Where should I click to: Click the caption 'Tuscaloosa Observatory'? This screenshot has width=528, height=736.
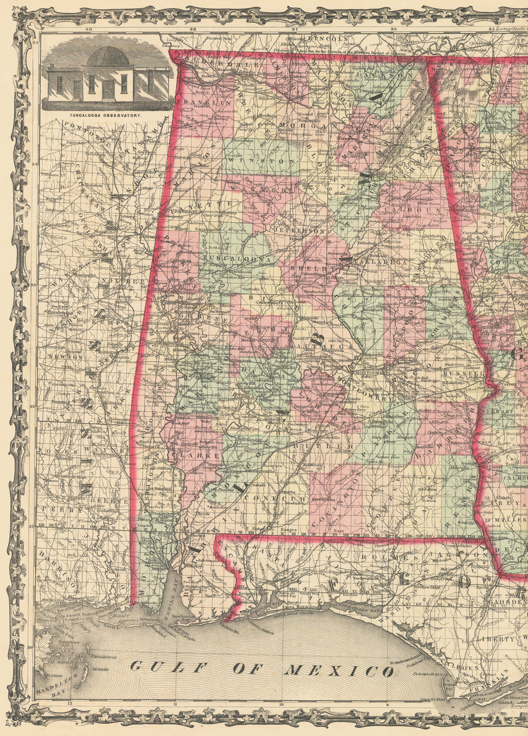pyautogui.click(x=107, y=116)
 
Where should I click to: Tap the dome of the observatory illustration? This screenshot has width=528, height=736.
pyautogui.click(x=108, y=57)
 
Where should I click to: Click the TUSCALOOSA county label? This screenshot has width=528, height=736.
pyautogui.click(x=238, y=258)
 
